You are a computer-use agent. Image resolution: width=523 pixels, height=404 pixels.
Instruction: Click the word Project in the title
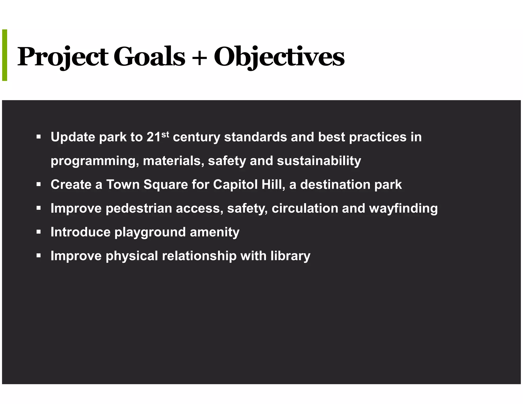pos(63,57)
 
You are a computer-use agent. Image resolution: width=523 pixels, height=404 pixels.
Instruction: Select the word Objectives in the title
pos(279,57)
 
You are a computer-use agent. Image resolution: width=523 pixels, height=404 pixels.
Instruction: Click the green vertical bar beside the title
pos(5,55)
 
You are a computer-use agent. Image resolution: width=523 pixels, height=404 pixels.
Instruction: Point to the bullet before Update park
pos(39,137)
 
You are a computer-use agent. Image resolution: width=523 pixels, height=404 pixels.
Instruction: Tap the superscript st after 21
pos(165,134)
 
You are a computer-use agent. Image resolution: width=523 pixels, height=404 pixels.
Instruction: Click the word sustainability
pos(319,161)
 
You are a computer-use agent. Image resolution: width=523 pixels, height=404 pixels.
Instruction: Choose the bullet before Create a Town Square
pos(39,184)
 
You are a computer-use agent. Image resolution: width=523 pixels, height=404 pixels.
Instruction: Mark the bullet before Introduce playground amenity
pos(39,232)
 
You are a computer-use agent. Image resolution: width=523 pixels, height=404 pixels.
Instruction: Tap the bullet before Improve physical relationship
pos(39,256)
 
